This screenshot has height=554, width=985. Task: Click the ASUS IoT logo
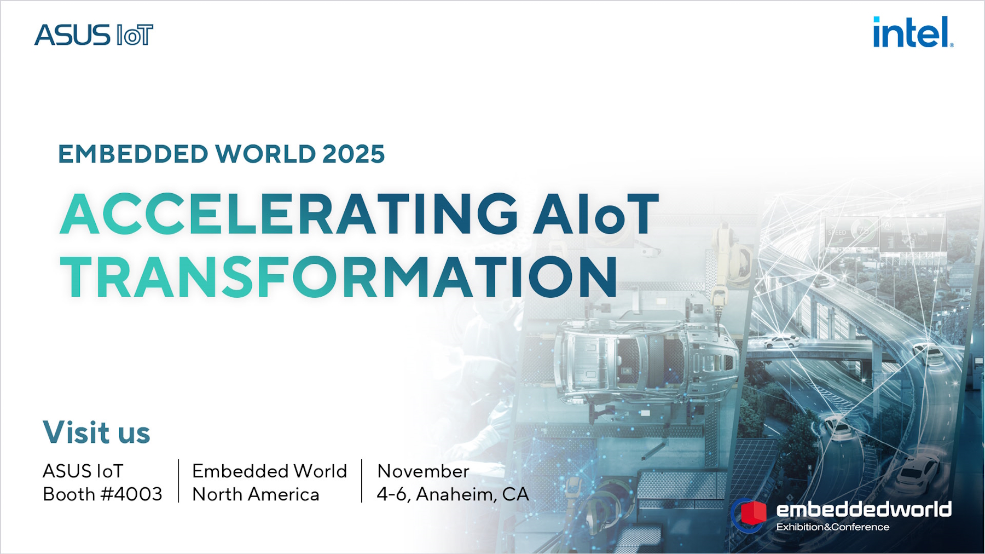pyautogui.click(x=94, y=36)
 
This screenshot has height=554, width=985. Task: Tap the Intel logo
pyautogui.click(x=912, y=33)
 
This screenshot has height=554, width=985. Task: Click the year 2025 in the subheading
pyautogui.click(x=354, y=154)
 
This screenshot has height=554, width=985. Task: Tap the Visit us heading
pyautogui.click(x=96, y=432)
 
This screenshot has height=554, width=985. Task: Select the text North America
pyautogui.click(x=256, y=494)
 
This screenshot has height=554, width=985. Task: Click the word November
pyautogui.click(x=423, y=471)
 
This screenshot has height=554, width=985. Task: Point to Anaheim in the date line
pyautogui.click(x=454, y=494)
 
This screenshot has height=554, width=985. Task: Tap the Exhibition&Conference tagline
pyautogui.click(x=832, y=527)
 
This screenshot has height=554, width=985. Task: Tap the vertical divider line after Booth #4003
pyautogui.click(x=178, y=481)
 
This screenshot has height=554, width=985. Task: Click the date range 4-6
pyautogui.click(x=392, y=494)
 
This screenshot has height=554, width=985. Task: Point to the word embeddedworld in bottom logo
pyautogui.click(x=864, y=510)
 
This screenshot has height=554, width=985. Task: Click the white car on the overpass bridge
pyautogui.click(x=781, y=342)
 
